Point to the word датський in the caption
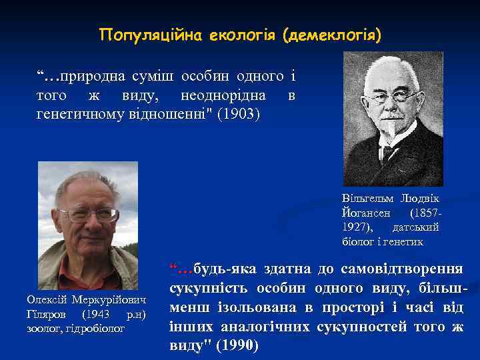(420, 227)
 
